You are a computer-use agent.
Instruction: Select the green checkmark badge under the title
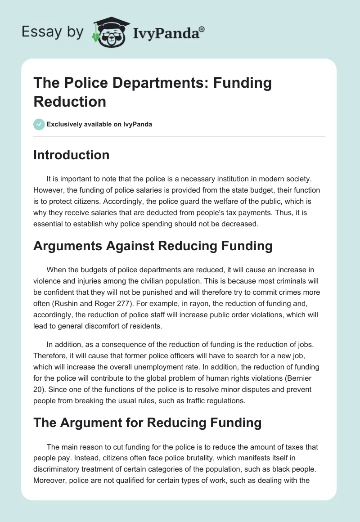coord(39,124)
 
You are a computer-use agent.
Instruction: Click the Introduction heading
coord(72,155)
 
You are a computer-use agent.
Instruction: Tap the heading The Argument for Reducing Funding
coord(148,423)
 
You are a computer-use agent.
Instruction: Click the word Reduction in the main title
coord(70,101)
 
